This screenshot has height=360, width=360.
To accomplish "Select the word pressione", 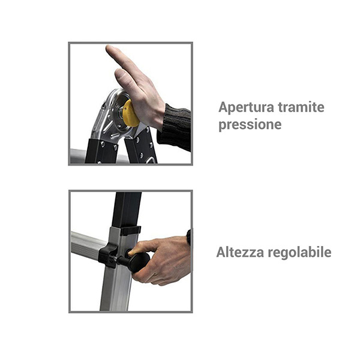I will (x=250, y=125).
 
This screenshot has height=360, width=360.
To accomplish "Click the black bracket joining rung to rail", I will (x=108, y=256).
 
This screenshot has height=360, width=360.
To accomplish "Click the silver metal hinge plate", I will (x=109, y=117).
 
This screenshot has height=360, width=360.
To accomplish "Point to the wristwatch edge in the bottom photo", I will (x=189, y=237).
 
